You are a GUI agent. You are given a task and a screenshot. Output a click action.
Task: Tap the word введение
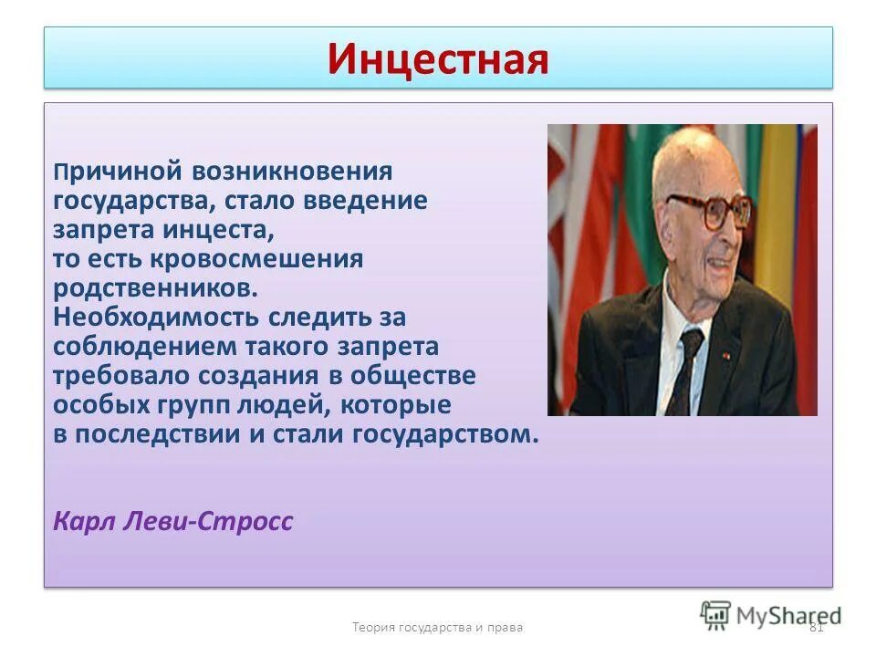tap(372, 201)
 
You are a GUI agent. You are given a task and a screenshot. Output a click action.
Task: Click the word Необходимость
tap(157, 318)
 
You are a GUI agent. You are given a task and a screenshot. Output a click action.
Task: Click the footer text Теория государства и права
tap(438, 627)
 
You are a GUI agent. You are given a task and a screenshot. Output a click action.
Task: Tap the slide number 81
tap(817, 627)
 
